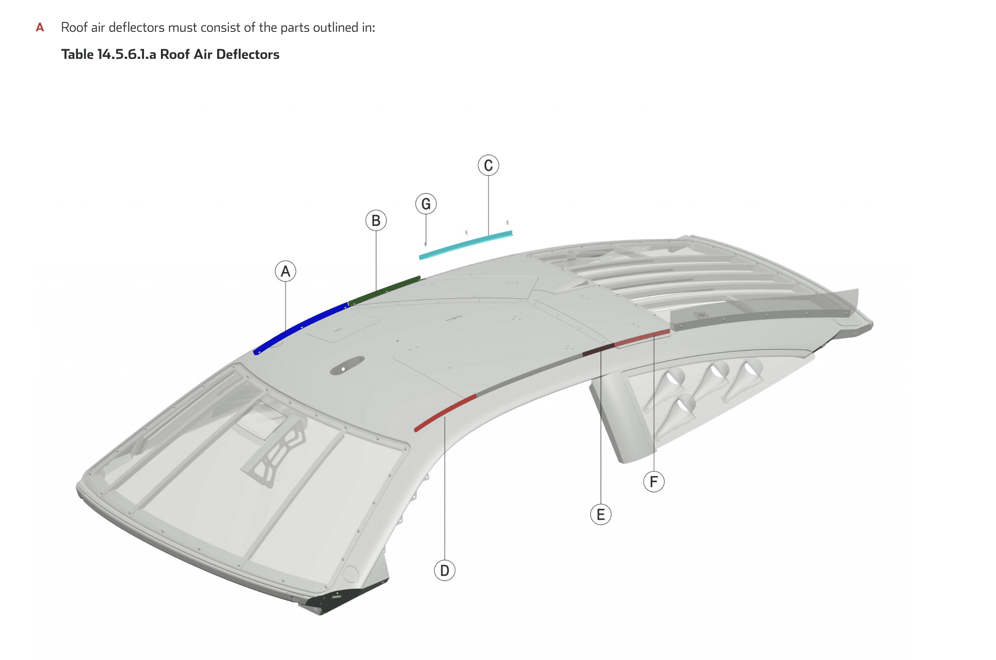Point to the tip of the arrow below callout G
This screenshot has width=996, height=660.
tap(426, 246)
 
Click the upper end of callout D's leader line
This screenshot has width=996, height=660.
tap(445, 417)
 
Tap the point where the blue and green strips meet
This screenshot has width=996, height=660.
tap(348, 303)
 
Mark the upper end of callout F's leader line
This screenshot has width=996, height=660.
tap(654, 335)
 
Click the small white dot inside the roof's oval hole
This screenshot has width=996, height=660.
tap(343, 369)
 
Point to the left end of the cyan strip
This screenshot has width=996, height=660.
tap(420, 257)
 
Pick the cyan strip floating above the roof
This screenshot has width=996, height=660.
tap(466, 245)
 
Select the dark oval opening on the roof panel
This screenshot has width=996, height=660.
tap(347, 365)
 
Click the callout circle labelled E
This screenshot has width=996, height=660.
tap(600, 515)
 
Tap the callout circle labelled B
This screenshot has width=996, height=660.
tap(376, 221)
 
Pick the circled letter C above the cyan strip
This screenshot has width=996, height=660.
tap(488, 165)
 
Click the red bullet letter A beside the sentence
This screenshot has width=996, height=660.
tap(40, 28)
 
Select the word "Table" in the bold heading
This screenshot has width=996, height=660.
tap(77, 54)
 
